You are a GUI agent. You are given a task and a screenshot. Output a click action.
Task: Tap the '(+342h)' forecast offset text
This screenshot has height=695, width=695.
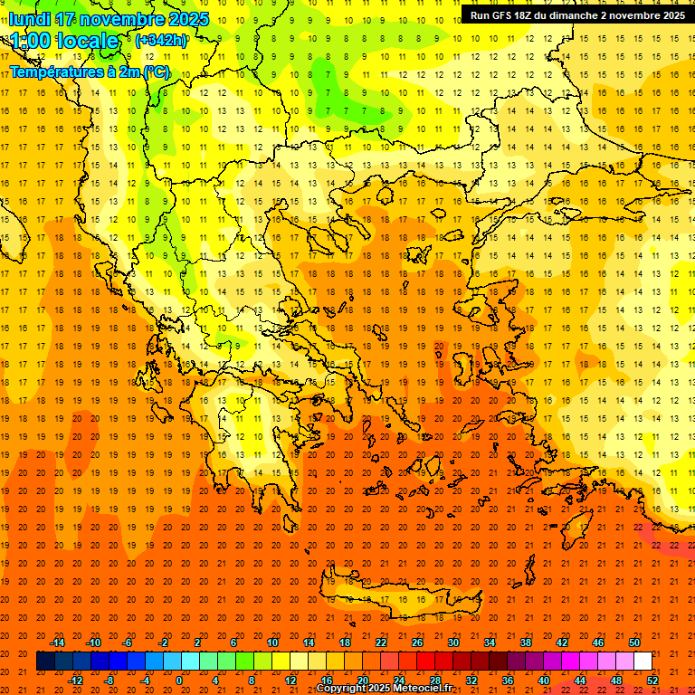161,40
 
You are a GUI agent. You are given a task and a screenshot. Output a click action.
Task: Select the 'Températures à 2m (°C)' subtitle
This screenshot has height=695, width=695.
89,71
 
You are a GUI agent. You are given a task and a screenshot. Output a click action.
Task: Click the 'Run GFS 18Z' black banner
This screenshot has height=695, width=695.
577,14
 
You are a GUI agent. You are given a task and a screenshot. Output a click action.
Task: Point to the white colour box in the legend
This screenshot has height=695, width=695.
643,662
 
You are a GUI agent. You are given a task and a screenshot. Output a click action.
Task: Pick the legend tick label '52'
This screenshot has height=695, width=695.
652,681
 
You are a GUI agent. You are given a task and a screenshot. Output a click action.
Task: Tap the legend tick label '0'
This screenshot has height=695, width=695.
178,681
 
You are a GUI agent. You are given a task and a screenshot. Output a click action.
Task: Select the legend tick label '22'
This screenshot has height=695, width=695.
381,643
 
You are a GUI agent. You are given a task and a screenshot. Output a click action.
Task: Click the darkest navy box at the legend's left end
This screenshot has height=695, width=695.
45,662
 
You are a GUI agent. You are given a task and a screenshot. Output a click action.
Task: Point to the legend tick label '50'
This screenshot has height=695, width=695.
634,643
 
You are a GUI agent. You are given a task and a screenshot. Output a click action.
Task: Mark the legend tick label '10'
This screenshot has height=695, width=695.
272,643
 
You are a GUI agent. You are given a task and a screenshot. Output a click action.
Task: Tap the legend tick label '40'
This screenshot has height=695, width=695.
544,681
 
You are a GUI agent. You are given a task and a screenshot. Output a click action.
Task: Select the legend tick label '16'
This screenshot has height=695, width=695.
327,681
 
